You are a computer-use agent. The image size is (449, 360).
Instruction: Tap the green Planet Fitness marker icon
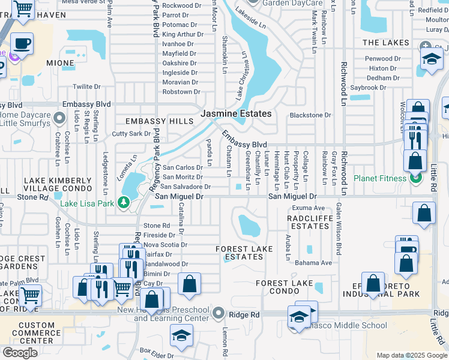click(x=415, y=178)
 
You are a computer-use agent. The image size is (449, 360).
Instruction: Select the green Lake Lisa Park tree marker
click(x=124, y=202)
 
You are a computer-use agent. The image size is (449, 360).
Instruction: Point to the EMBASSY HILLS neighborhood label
click(x=151, y=121)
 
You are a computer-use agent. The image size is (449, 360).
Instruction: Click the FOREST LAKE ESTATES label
click(x=240, y=253)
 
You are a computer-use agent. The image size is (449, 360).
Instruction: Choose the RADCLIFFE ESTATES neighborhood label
click(x=309, y=222)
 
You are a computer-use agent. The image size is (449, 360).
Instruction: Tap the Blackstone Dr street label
click(x=310, y=115)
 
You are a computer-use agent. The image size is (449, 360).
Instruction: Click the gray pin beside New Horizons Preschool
click(x=218, y=313)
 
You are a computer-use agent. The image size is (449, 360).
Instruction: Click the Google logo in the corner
click(x=20, y=353)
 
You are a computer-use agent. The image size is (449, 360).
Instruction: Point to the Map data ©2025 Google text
click(x=411, y=355)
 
